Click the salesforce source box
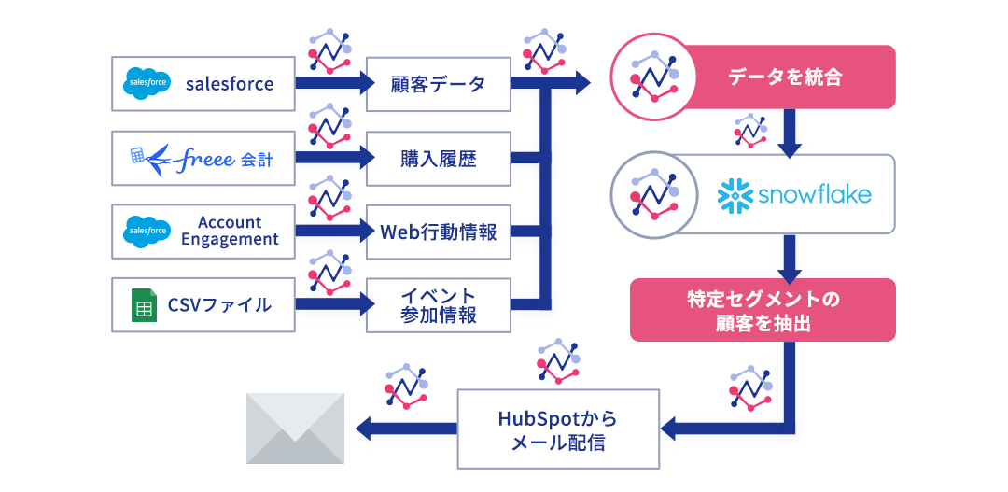click(203, 84)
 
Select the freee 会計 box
click(203, 158)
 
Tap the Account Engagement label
click(230, 231)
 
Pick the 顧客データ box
click(438, 84)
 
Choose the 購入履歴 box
click(438, 158)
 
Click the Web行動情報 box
click(438, 231)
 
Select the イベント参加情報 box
click(438, 304)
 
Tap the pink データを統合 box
click(784, 77)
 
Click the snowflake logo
click(794, 194)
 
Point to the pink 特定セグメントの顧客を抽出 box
click(763, 310)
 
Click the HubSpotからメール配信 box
click(558, 429)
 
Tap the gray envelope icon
click(295, 429)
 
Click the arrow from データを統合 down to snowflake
click(791, 134)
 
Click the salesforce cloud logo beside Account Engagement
click(147, 231)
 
